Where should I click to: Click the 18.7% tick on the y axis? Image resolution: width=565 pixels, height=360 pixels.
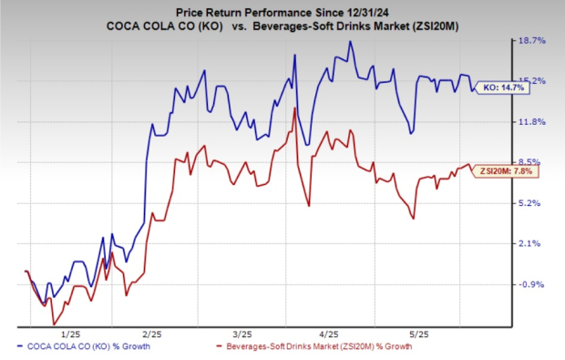point(532,41)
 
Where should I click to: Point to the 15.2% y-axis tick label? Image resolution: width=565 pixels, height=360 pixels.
point(532,81)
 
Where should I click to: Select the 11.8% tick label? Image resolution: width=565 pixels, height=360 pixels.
point(532,122)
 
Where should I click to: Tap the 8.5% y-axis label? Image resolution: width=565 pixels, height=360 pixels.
point(532,162)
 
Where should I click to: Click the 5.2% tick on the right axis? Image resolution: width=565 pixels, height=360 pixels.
point(532,203)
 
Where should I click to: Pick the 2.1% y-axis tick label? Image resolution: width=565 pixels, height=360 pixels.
point(532,243)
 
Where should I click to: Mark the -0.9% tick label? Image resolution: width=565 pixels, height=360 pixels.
point(532,284)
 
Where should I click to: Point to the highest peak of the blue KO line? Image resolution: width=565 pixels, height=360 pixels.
point(349,42)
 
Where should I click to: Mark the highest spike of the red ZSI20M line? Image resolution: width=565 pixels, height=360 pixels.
point(293,108)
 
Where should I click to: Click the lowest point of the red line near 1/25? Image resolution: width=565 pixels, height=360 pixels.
point(54,324)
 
